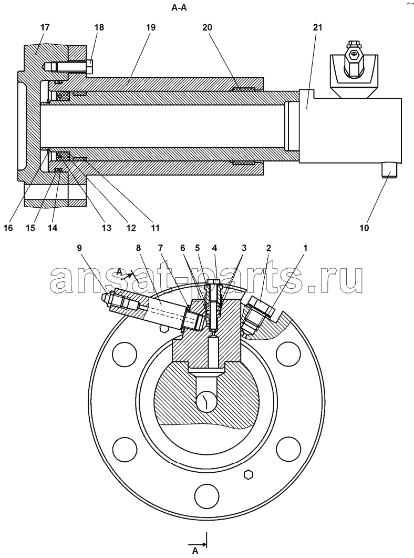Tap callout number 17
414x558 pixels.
coord(45,27)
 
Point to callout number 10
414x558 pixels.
coord(364,228)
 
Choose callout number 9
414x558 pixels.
coord(80,247)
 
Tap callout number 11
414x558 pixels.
coord(154,228)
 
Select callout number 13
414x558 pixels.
coord(107,228)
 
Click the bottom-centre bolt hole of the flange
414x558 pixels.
coord(206,495)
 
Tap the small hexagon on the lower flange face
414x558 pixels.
coord(249,474)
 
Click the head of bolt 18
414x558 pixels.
coord(89,67)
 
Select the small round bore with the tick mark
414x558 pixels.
coord(206,402)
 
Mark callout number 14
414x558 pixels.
coord(53,228)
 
